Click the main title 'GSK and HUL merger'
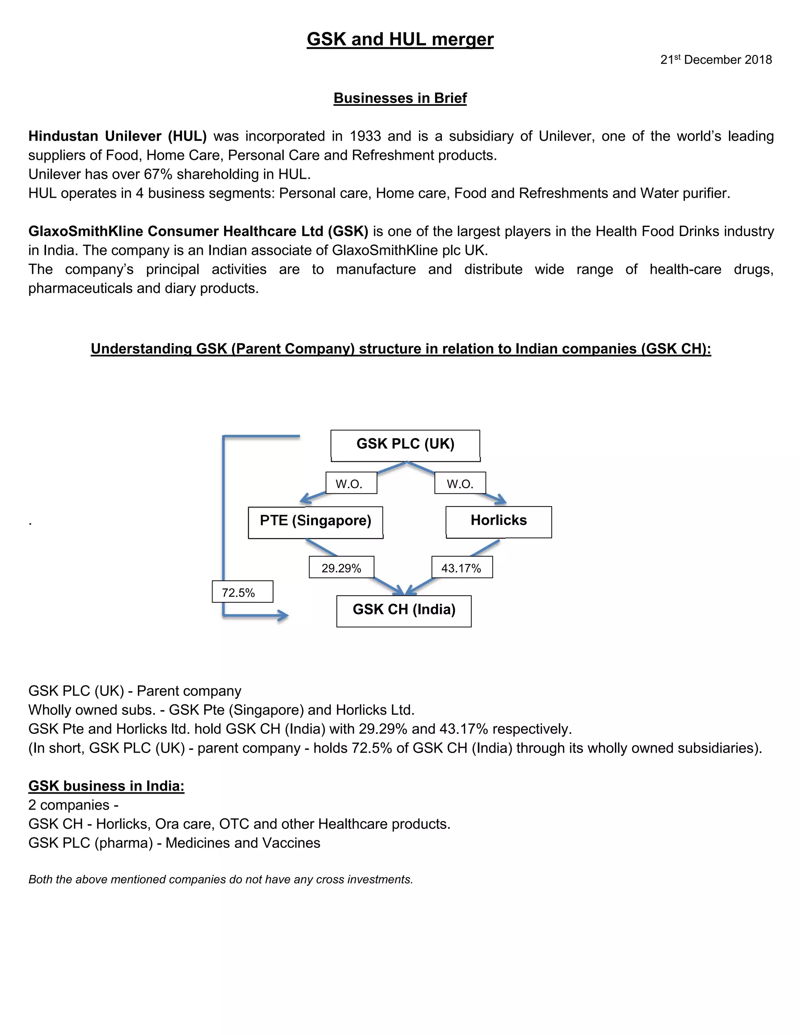coord(400,39)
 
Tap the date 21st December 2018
coord(716,60)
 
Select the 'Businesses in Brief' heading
coord(400,98)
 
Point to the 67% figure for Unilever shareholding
coord(158,175)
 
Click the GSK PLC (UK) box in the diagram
coord(405,444)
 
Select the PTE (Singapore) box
coord(315,521)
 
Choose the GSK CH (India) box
coord(404,610)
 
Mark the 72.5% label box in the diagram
coord(242,592)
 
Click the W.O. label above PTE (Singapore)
coord(351,484)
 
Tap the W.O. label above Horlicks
coord(460,484)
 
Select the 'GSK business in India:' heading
coord(106,786)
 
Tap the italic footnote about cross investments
coord(220,879)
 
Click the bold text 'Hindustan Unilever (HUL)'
coord(118,136)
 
